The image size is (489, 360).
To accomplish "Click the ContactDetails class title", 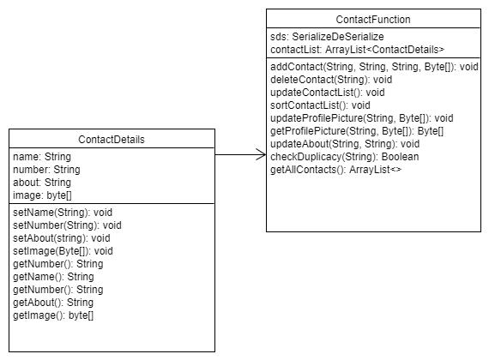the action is [112, 140].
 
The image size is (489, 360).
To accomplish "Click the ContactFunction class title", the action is [373, 20].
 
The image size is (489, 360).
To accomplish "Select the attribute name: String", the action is [42, 157].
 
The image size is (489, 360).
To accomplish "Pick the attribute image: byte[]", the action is [42, 195].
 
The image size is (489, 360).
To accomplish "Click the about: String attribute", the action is [42, 183].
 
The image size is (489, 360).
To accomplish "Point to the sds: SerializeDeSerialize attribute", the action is [327, 37].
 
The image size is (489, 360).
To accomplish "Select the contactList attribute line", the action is [357, 50].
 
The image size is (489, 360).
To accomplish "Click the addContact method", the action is [374, 67].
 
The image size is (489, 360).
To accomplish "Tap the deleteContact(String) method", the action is [331, 80].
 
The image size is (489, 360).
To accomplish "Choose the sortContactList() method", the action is [320, 105].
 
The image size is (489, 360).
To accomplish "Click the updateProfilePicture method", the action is [361, 118].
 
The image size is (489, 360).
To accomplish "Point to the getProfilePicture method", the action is [357, 131].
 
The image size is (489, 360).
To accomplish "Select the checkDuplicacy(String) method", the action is [344, 157].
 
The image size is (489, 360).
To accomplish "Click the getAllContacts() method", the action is [335, 170].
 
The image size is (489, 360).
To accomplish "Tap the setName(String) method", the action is [63, 213].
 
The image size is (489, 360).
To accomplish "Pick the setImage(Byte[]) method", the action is [63, 251].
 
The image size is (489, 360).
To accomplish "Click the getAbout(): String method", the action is [53, 303].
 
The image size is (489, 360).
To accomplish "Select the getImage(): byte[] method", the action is [53, 315].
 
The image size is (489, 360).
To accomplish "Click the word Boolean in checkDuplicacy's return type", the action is [400, 157].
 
